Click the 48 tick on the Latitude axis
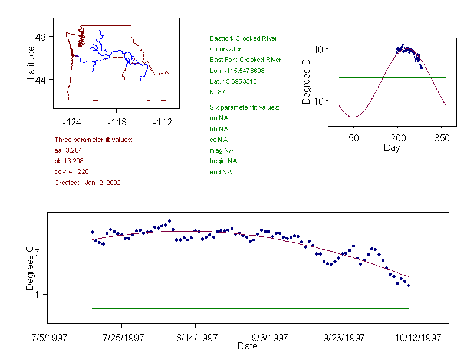[x=41, y=37]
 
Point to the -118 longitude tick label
[x=117, y=123]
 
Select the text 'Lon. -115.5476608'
[x=237, y=71]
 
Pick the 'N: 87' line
[x=218, y=92]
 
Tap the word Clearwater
[x=225, y=49]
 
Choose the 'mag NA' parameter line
[x=220, y=150]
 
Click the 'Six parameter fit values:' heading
[x=244, y=107]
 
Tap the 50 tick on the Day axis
[x=353, y=137]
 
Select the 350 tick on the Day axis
[x=442, y=137]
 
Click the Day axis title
[x=392, y=147]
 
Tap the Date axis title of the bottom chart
[x=247, y=346]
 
